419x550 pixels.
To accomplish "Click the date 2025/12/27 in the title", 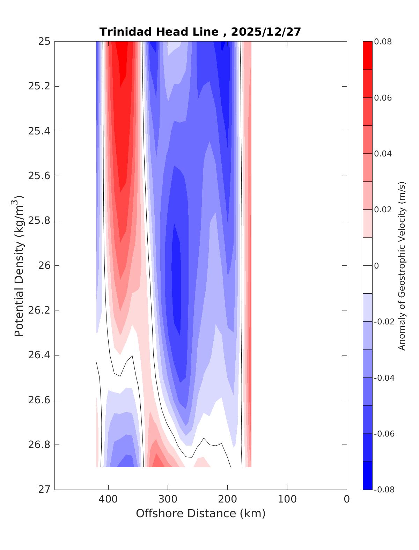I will coord(266,32).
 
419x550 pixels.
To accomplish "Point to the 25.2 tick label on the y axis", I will coord(39,86).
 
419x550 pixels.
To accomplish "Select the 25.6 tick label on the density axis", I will coord(39,176).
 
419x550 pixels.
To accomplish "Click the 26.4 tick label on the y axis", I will coord(39,355).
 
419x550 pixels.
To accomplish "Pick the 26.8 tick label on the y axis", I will coord(39,445).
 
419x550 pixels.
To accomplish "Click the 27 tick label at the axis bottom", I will coord(44,490).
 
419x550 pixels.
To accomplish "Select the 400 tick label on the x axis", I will coord(108,499).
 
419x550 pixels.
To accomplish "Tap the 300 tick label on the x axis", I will coord(168,499).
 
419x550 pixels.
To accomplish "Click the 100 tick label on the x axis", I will coord(287,499).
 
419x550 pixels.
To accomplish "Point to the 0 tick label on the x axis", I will coord(346,499).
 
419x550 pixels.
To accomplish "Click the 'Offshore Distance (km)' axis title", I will coord(200,513).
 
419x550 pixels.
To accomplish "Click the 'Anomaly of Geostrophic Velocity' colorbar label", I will coord(402,266).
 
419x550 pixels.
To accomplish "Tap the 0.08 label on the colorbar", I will coord(383,42).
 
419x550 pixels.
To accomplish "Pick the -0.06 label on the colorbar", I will coord(384,434).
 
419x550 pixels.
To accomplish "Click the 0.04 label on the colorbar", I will coord(383,154).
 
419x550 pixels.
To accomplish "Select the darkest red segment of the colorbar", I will coord(367,56).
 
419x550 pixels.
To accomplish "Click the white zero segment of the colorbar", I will coord(367,266).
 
